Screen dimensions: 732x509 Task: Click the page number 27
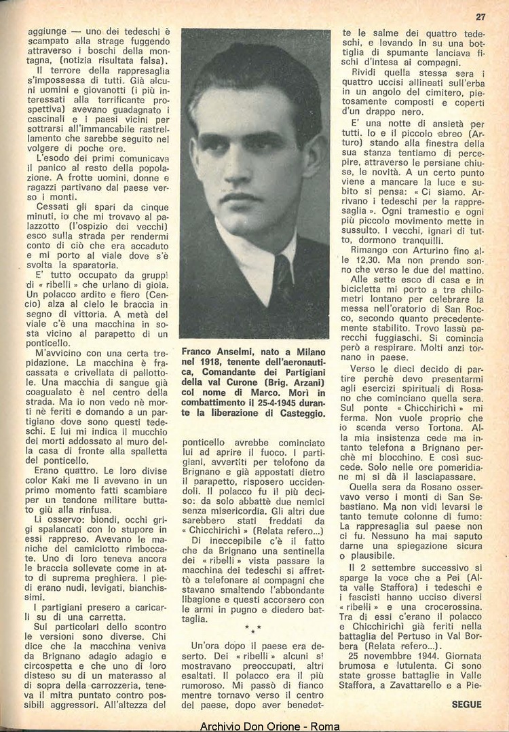click(480, 16)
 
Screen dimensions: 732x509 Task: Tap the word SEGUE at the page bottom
click(466, 704)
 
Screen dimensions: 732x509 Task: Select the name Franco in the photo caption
click(200, 352)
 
